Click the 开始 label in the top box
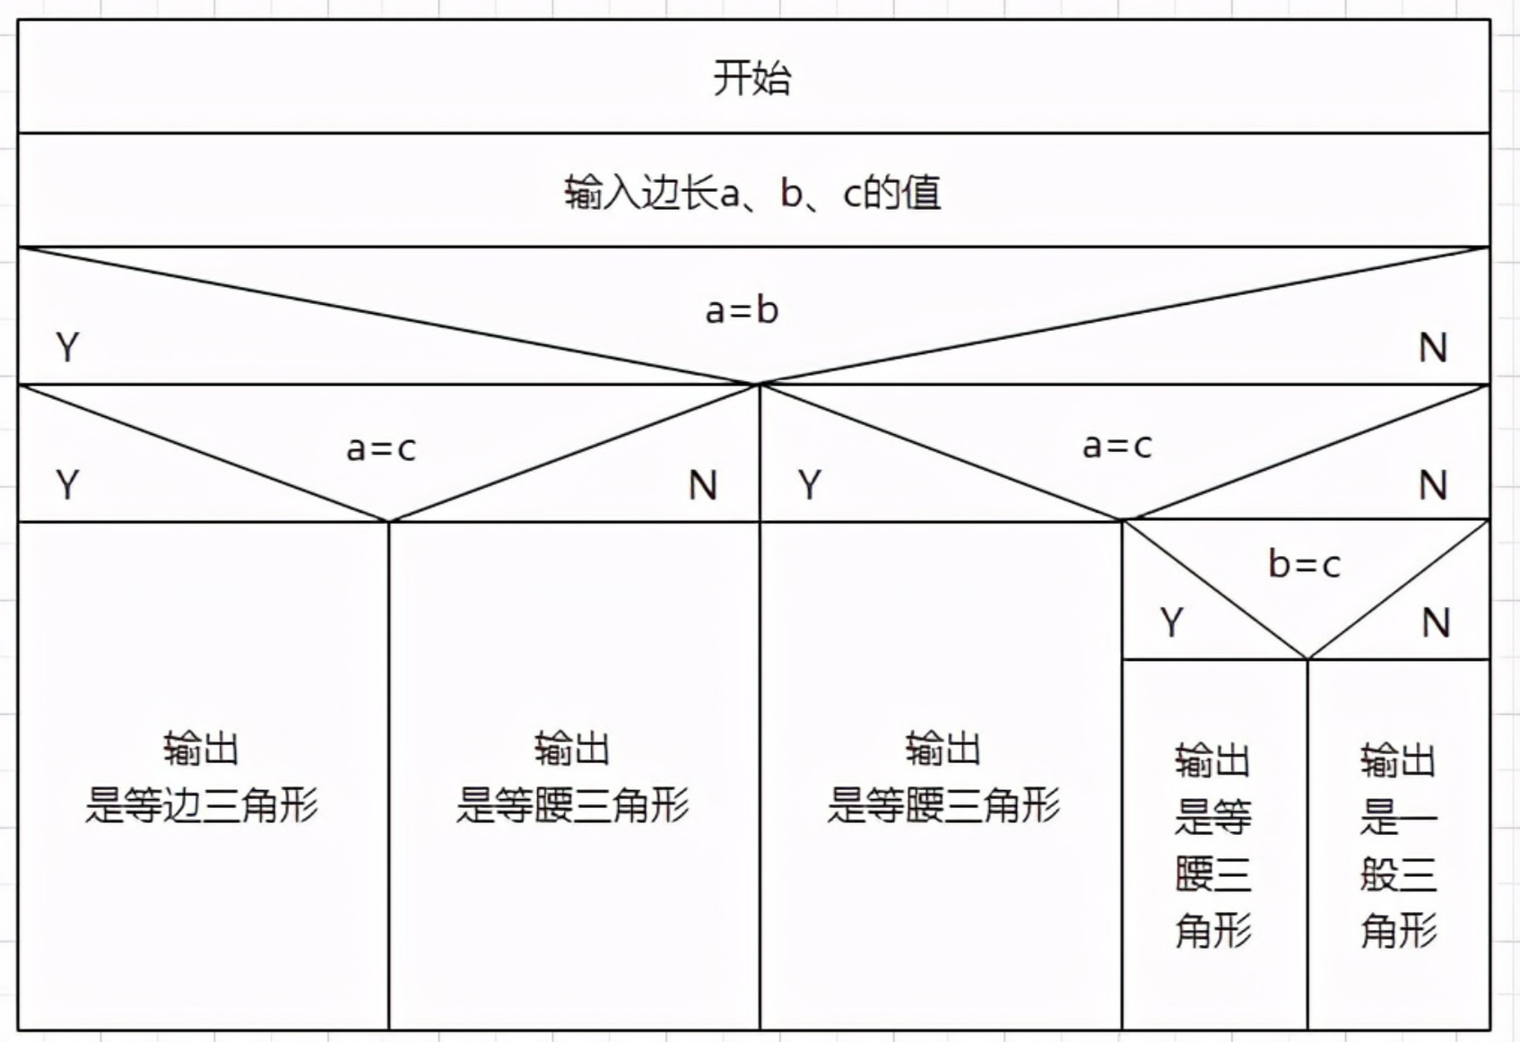point(751,78)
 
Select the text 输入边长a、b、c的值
point(752,193)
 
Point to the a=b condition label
point(742,310)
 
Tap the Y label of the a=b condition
point(67,348)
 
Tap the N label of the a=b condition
point(1432,348)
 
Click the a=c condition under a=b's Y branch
point(381,448)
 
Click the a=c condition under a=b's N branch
point(1116,446)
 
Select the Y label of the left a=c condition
point(67,485)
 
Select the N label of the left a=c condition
point(703,485)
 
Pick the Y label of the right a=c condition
point(810,485)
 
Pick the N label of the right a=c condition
point(1432,485)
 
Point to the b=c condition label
point(1304,565)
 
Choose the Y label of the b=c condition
point(1171,622)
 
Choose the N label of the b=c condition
point(1435,622)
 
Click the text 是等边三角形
point(202,805)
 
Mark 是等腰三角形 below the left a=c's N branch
point(572,805)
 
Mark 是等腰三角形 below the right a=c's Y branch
point(942,805)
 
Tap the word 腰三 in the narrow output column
point(1212,874)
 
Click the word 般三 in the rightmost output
point(1398,874)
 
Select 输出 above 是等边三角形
point(201,749)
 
